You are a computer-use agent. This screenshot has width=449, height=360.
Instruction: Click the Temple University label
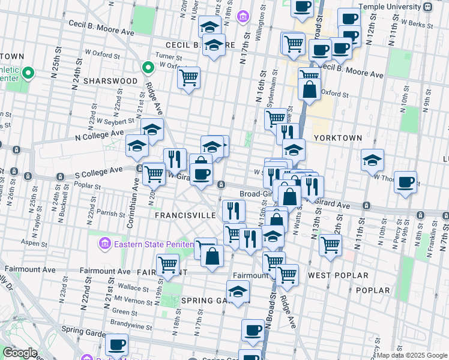391,7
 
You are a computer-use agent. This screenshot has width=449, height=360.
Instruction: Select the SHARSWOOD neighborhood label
110,80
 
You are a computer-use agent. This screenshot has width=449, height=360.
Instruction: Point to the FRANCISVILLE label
185,214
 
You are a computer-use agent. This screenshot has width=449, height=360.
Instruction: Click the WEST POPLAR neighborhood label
338,275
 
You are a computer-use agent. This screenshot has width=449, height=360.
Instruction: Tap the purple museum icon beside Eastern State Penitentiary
104,244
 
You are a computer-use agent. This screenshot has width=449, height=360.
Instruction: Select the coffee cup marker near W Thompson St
406,181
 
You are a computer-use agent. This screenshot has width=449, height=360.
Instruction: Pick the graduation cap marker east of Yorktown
372,160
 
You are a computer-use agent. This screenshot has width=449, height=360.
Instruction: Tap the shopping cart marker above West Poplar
330,244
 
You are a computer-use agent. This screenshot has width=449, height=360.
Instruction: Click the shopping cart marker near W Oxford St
188,77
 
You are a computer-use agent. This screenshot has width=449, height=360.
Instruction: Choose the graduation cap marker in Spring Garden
238,291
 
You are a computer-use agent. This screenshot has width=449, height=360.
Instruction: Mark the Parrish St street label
109,212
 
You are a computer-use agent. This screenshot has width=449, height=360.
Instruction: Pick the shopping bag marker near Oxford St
310,89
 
